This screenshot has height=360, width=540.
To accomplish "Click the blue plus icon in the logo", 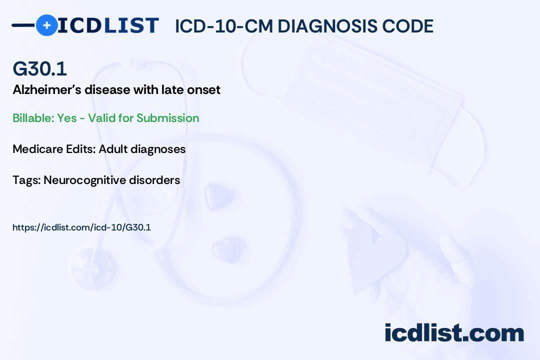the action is pyautogui.click(x=46, y=25).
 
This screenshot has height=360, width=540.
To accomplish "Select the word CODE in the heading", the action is pyautogui.click(x=403, y=26).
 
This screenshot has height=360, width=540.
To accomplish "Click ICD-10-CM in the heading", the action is pyautogui.click(x=223, y=26).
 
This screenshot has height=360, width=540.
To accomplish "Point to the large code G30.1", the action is pyautogui.click(x=39, y=68).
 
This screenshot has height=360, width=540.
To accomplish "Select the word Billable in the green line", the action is pyautogui.click(x=33, y=118).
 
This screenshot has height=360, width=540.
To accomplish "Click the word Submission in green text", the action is pyautogui.click(x=167, y=118).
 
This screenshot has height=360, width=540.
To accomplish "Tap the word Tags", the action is pyautogui.click(x=27, y=180).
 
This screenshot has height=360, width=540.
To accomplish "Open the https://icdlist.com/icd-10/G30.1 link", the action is pyautogui.click(x=81, y=227).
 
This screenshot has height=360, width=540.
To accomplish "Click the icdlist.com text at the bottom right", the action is pyautogui.click(x=454, y=332).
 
